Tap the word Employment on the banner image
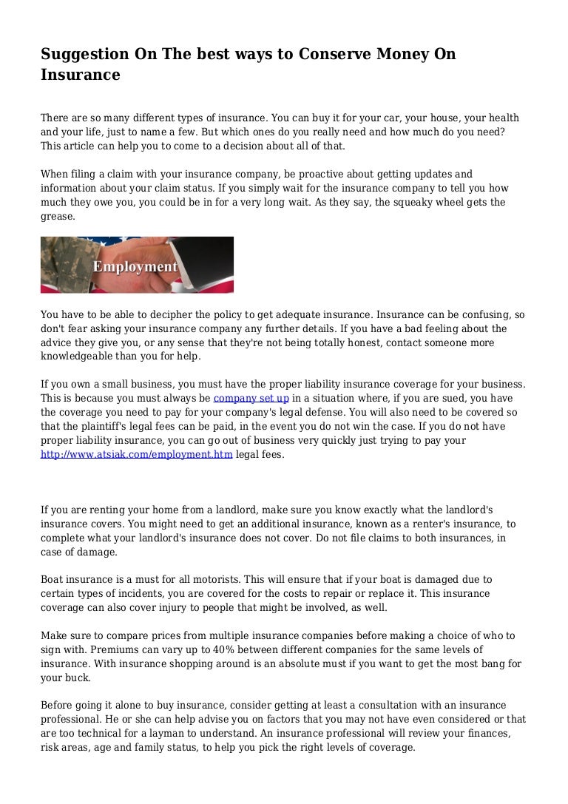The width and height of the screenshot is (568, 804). click(135, 266)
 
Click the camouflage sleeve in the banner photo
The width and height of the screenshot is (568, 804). click(63, 270)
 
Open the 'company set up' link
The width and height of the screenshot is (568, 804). click(251, 398)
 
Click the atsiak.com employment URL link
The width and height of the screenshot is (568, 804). click(136, 454)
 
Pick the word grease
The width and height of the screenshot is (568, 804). click(57, 217)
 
